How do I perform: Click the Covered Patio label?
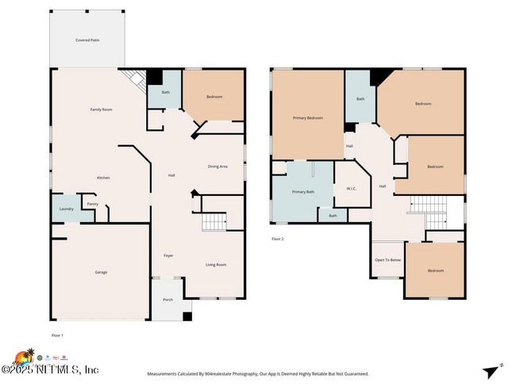[x=87, y=40]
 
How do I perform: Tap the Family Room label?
[x=101, y=109]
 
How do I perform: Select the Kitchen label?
[x=103, y=178]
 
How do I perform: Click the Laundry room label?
[x=67, y=209]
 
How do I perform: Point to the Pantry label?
[x=93, y=204]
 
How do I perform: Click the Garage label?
[x=101, y=272]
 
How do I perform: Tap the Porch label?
[x=168, y=300]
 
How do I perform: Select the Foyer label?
[x=168, y=255]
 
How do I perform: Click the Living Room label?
[x=216, y=265]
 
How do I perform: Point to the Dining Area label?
[x=218, y=167]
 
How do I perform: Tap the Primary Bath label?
[x=303, y=192]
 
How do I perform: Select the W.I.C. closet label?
[x=351, y=189]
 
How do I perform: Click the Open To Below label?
[x=388, y=260]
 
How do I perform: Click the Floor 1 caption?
[x=57, y=335]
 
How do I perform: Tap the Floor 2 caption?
[x=277, y=238]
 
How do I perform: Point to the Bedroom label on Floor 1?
[x=214, y=97]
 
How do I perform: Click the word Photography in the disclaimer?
[x=290, y=374]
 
